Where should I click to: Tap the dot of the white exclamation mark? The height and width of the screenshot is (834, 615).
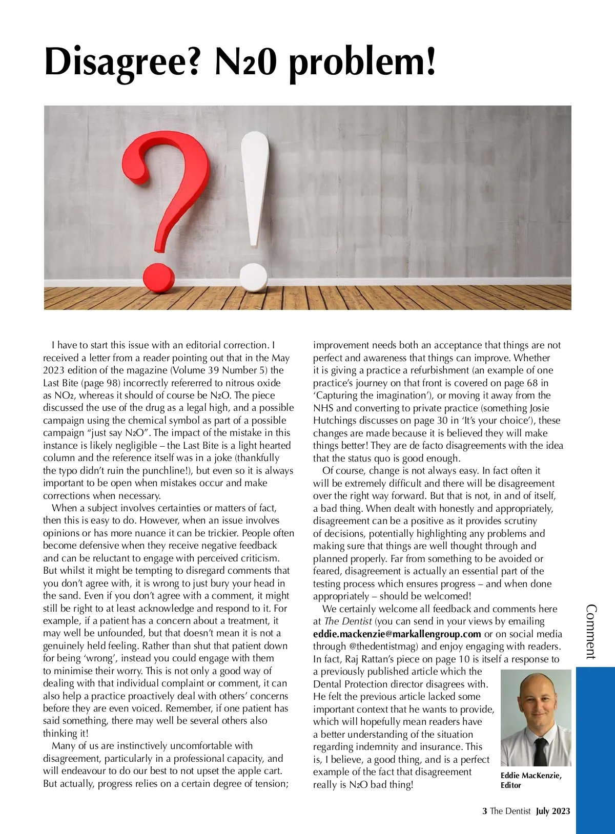click(x=253, y=277)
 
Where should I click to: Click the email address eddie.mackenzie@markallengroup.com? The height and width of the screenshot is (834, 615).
click(x=397, y=634)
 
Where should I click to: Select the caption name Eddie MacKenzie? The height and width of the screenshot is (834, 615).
click(x=530, y=776)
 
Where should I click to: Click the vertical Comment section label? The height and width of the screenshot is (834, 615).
click(x=591, y=631)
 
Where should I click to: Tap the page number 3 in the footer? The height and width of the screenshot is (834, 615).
click(x=484, y=811)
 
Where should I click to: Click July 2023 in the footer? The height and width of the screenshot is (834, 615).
click(x=553, y=811)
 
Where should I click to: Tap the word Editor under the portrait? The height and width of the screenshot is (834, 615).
click(x=510, y=785)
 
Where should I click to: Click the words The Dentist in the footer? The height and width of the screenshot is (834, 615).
click(x=510, y=811)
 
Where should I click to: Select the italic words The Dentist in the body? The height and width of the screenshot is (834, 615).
click(x=348, y=621)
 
